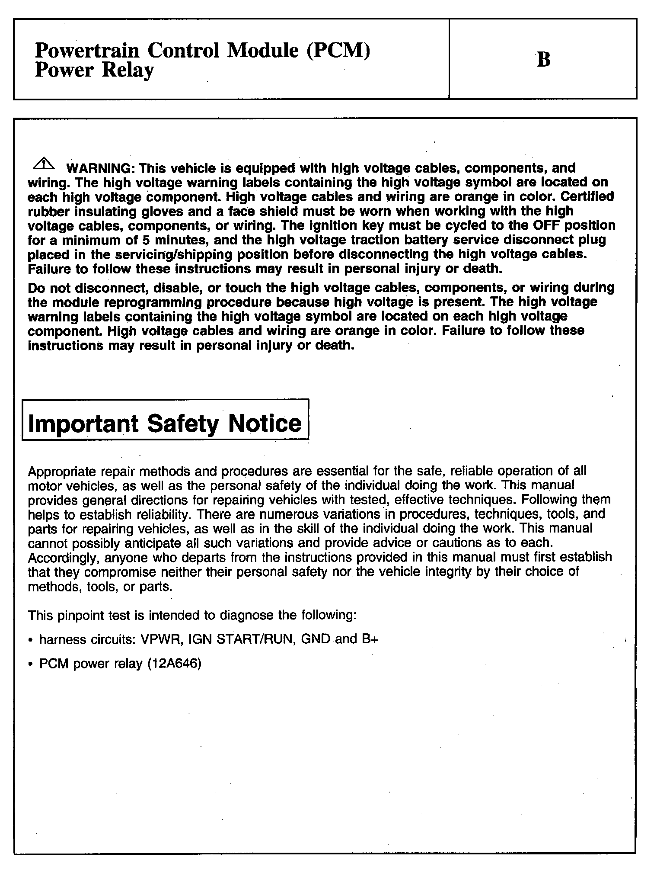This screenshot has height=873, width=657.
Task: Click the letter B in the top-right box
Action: [x=543, y=60]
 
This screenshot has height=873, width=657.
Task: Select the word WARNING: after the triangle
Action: [x=100, y=168]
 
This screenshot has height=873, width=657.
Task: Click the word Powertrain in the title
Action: [x=87, y=51]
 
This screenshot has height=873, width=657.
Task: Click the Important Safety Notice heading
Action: [x=165, y=423]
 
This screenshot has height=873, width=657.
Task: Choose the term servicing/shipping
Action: [x=172, y=254]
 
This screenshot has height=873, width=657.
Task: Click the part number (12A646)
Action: [x=174, y=663]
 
